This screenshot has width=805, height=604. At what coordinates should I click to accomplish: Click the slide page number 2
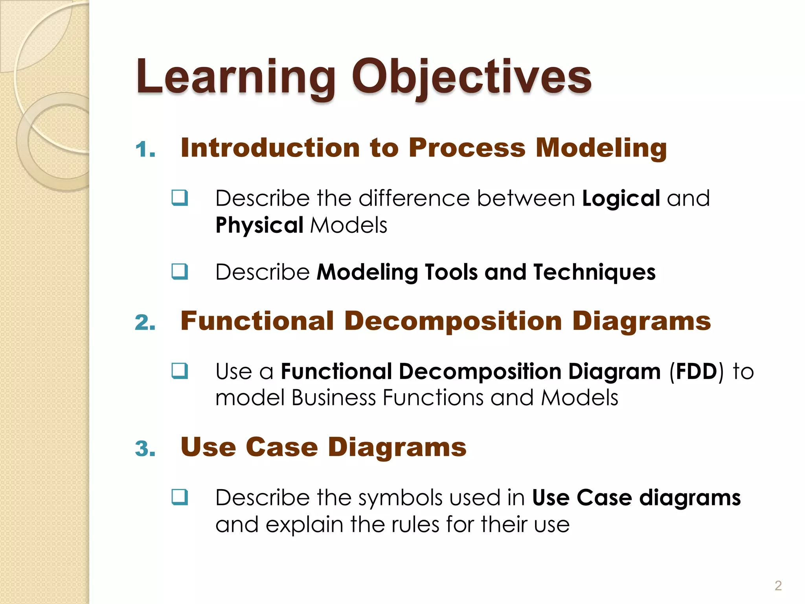(x=778, y=586)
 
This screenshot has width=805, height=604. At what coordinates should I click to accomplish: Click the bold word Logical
(x=621, y=198)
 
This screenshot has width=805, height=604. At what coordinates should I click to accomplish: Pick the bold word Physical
(x=259, y=225)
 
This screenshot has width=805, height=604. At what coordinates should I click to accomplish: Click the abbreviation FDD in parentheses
(x=697, y=372)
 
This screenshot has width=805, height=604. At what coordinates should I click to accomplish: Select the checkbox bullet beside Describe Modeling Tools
(x=180, y=271)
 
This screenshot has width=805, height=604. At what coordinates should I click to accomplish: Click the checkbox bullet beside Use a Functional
(x=180, y=370)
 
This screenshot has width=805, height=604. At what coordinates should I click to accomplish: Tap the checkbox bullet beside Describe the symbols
(x=180, y=497)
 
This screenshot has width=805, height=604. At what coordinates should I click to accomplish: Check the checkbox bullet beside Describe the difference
(x=180, y=197)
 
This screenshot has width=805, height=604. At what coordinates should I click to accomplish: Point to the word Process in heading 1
(x=467, y=148)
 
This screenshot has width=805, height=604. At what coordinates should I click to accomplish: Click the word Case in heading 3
(x=282, y=447)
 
